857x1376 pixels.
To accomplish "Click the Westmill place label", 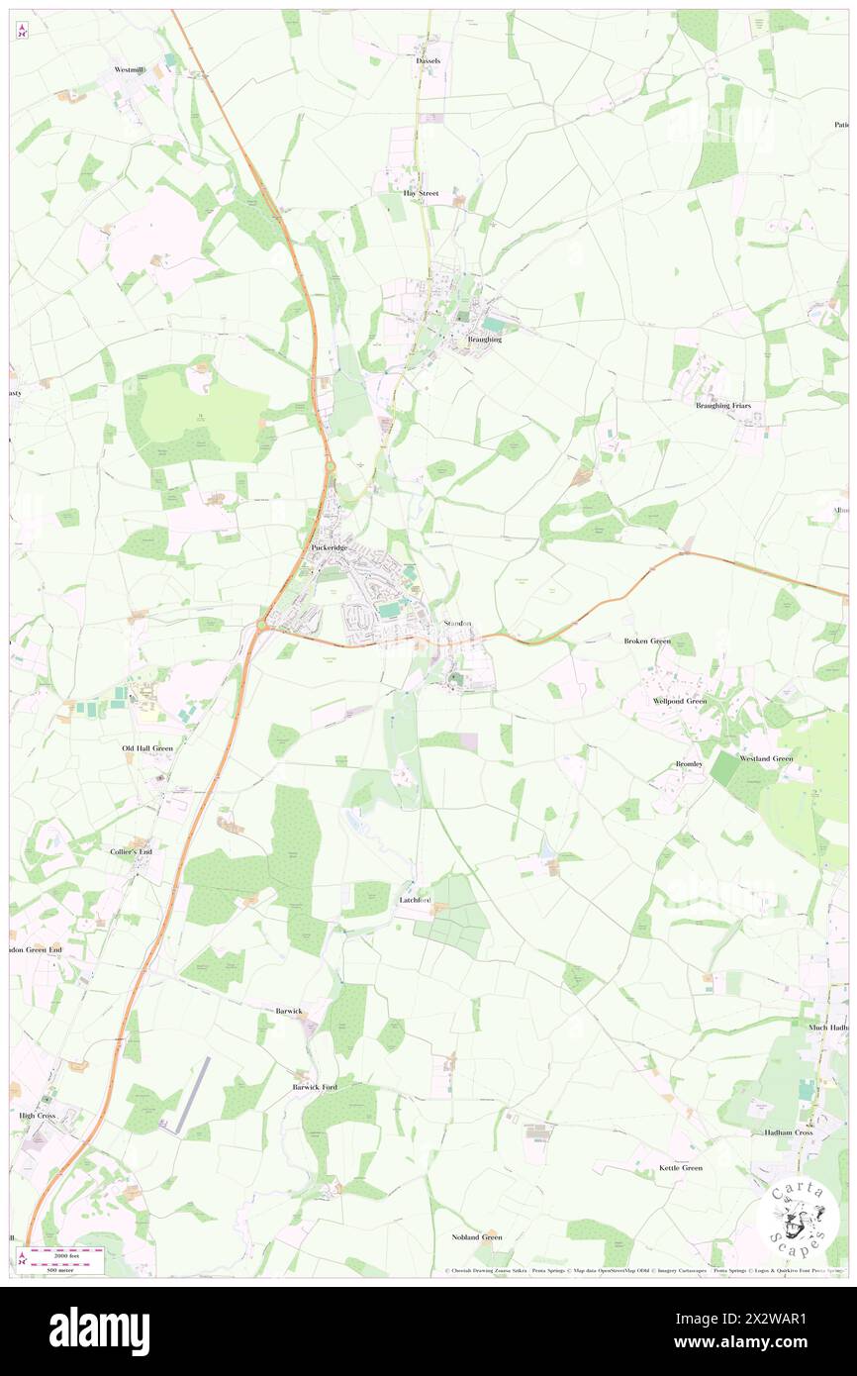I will click(x=130, y=70).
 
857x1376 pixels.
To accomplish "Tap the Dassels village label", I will click(x=428, y=60).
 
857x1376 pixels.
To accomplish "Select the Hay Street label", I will click(x=421, y=193).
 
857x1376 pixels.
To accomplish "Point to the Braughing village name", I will click(x=484, y=339).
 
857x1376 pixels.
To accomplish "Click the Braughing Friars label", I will click(x=725, y=406).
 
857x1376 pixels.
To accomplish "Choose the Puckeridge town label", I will click(x=330, y=546).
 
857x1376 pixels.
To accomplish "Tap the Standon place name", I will click(x=458, y=623).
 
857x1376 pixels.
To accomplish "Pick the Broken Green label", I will click(x=646, y=640).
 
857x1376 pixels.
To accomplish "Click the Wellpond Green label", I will click(x=679, y=701).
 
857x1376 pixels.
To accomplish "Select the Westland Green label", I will click(x=766, y=758).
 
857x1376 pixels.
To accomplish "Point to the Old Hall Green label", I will click(x=147, y=748).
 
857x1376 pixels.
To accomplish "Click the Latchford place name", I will click(x=414, y=899).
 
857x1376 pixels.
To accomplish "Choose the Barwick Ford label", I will click(x=315, y=1087).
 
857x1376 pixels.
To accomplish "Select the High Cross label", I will click(x=38, y=1115).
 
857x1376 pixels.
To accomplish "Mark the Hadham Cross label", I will click(x=788, y=1131).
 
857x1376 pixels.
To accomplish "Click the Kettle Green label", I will click(x=681, y=1168).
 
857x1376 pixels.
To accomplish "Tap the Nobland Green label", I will click(x=477, y=1237).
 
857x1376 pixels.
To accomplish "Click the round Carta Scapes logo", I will click(x=798, y=1221).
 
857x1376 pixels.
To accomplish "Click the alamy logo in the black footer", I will click(x=99, y=1330).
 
